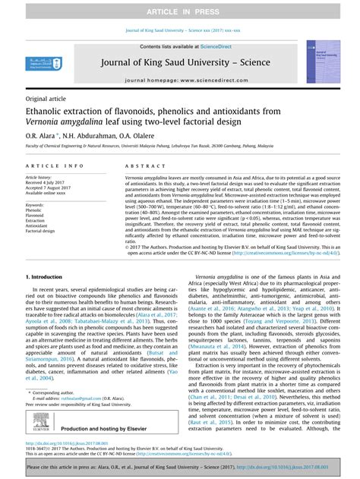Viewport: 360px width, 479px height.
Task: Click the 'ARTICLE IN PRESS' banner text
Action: pyautogui.click(x=179, y=11)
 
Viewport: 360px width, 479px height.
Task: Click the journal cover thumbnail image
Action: pyautogui.click(x=323, y=62)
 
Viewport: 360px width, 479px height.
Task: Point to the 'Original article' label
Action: pyautogui.click(x=46, y=99)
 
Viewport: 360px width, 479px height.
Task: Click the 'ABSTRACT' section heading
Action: pyautogui.click(x=139, y=165)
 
